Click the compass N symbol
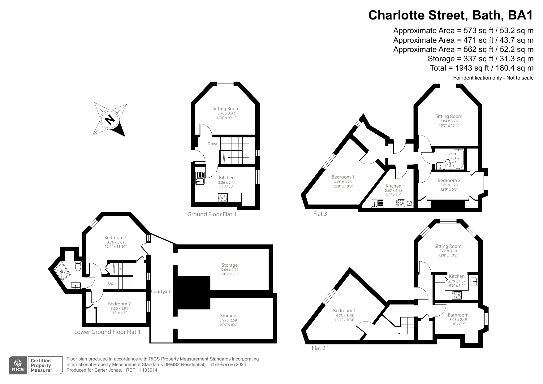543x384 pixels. coord(110,119)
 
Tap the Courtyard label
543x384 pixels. coord(161,291)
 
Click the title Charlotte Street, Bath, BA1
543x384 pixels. coord(450,15)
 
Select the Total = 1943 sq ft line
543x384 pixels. coord(481,68)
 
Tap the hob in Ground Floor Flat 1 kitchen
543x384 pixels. coord(223,197)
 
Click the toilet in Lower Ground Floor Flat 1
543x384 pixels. coord(78,266)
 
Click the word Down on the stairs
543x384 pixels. coord(213,144)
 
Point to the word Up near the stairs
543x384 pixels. coord(110,283)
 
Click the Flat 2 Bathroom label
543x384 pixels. coord(458,315)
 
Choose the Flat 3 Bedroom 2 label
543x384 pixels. coord(449,180)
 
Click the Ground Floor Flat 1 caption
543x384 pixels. coord(212,214)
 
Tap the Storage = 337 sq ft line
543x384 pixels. coord(480,59)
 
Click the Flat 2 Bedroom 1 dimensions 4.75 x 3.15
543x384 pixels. coord(344,316)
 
